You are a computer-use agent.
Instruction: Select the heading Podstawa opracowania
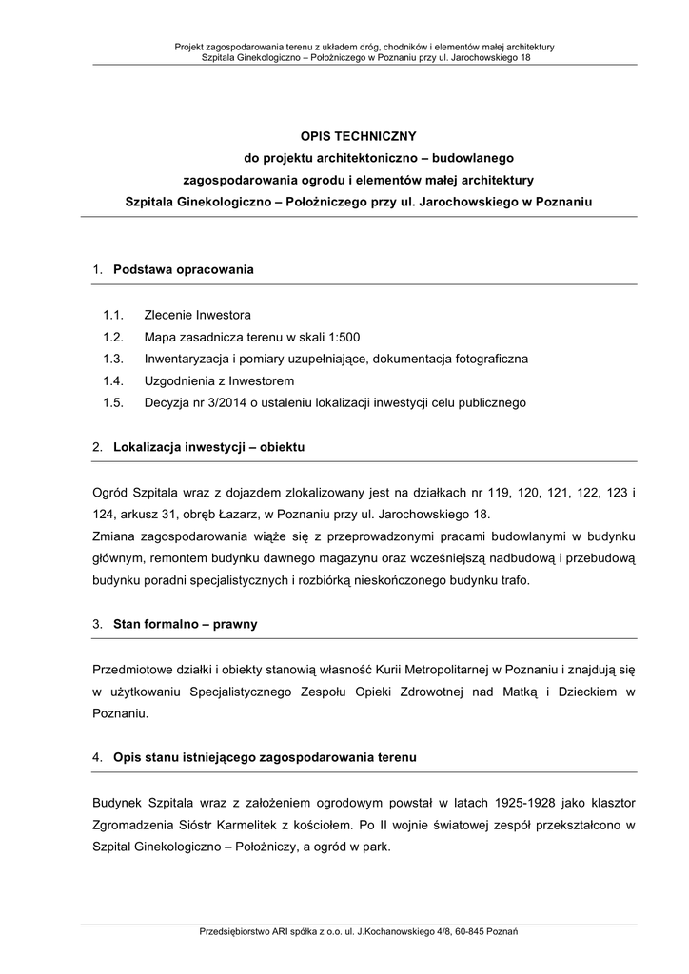[x=184, y=269]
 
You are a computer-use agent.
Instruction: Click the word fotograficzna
[x=480, y=359]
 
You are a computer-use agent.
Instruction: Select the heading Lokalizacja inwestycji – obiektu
[x=209, y=446]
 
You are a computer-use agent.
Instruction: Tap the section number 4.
[x=97, y=757]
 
